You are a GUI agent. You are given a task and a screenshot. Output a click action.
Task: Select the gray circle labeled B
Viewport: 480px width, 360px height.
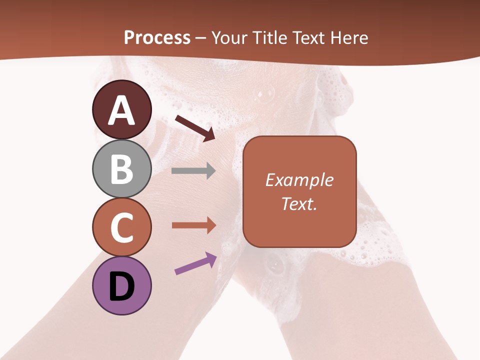click(121, 168)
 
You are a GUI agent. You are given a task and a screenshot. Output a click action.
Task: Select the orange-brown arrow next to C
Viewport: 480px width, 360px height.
click(193, 225)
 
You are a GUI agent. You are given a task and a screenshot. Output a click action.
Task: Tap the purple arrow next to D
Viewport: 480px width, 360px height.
click(195, 263)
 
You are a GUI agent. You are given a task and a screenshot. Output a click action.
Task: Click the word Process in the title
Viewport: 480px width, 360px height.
click(157, 38)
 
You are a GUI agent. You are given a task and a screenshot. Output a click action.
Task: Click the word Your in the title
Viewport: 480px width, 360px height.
click(228, 38)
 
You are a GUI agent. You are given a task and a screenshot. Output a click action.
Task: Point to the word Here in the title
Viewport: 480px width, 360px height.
click(350, 38)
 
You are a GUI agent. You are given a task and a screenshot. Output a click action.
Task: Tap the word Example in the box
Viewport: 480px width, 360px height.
click(299, 180)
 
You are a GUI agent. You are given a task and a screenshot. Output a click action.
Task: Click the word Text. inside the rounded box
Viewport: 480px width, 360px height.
click(299, 203)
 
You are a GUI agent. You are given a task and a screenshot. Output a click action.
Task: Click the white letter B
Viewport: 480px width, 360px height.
click(121, 168)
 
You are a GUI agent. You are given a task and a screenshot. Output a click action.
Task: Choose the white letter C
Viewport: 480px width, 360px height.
click(121, 227)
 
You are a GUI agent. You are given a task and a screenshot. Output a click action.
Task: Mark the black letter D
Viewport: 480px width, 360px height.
click(121, 286)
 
